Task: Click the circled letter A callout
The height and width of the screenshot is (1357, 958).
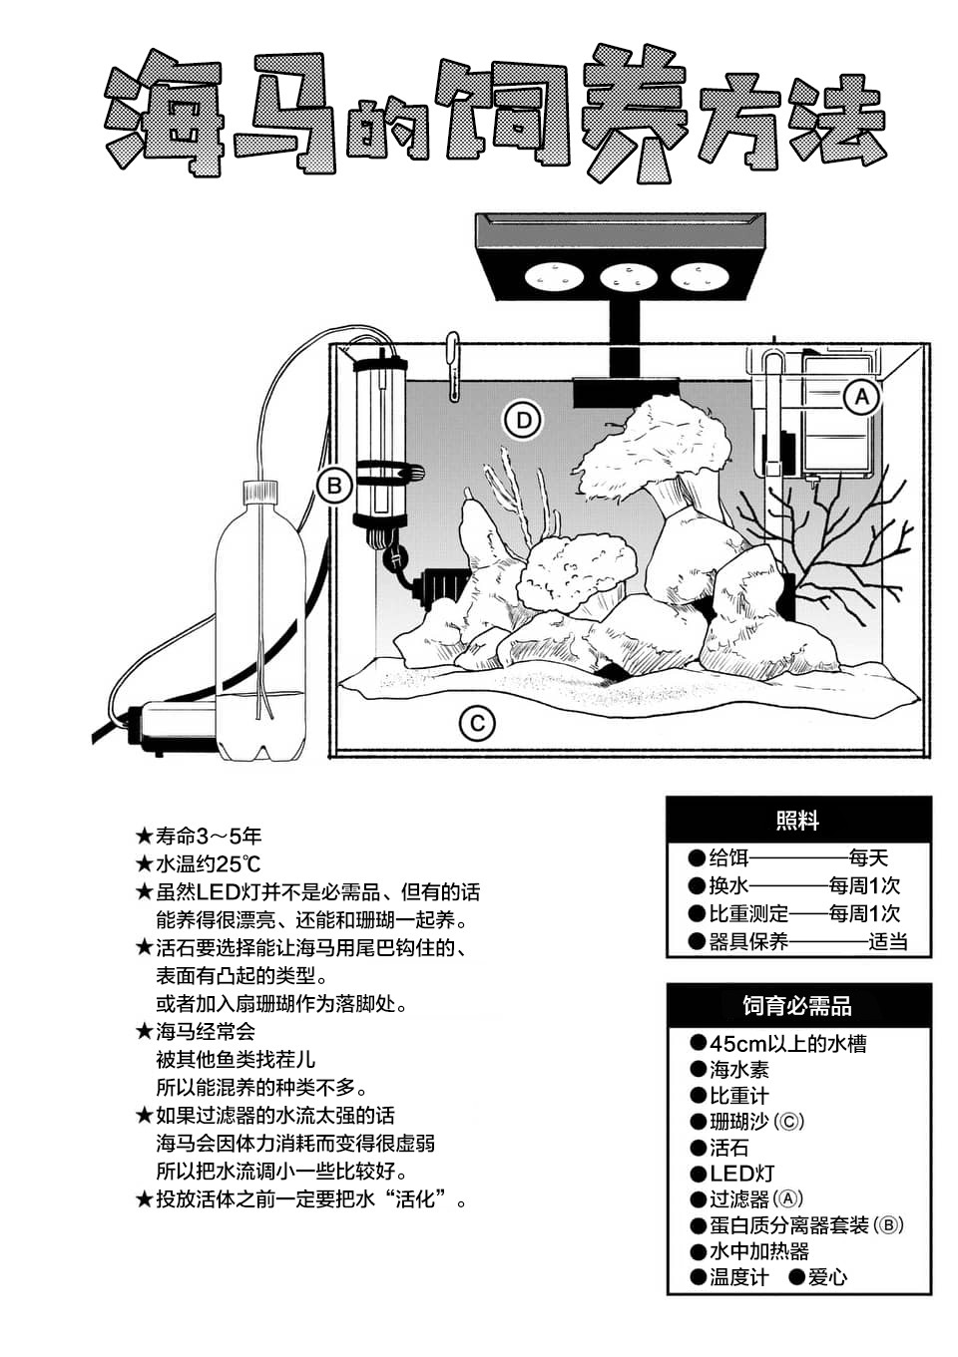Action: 861,397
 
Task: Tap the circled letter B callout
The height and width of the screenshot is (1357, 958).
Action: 334,486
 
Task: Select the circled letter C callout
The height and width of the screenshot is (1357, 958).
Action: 477,723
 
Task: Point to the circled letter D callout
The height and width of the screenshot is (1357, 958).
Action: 523,420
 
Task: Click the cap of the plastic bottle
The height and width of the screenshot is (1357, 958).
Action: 259,491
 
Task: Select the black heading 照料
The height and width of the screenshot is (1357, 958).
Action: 797,821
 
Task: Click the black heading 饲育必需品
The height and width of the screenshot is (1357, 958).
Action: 797,1006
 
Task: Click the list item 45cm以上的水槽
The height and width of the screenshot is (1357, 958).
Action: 787,1043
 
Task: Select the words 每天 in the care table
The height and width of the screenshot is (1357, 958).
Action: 868,857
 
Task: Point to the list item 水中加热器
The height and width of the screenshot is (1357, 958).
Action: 758,1251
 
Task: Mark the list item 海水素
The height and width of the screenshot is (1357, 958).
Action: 738,1070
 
